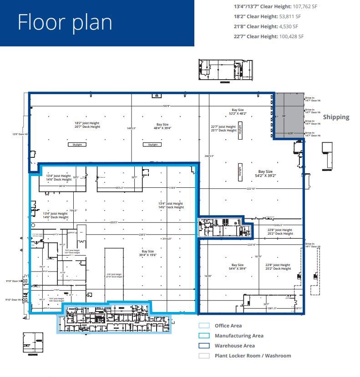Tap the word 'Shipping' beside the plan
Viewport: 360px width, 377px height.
[x=336, y=117]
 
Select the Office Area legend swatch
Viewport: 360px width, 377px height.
[x=204, y=326]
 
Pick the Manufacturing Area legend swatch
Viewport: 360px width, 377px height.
[x=204, y=336]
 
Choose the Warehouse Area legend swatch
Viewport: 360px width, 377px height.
[x=204, y=346]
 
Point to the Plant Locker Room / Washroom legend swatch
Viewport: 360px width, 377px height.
[x=204, y=356]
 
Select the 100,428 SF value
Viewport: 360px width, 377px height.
[x=291, y=36]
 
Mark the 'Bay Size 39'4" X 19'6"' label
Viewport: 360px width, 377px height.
[x=148, y=253]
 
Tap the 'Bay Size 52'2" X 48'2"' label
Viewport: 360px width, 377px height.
[x=238, y=111]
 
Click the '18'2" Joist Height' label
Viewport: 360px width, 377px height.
[x=87, y=123]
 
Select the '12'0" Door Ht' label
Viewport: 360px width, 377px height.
[x=20, y=134]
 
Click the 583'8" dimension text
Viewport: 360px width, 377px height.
[x=167, y=106]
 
